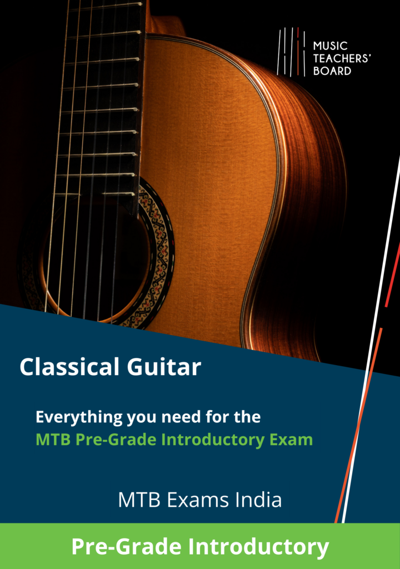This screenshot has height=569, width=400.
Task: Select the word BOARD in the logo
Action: click(332, 71)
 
